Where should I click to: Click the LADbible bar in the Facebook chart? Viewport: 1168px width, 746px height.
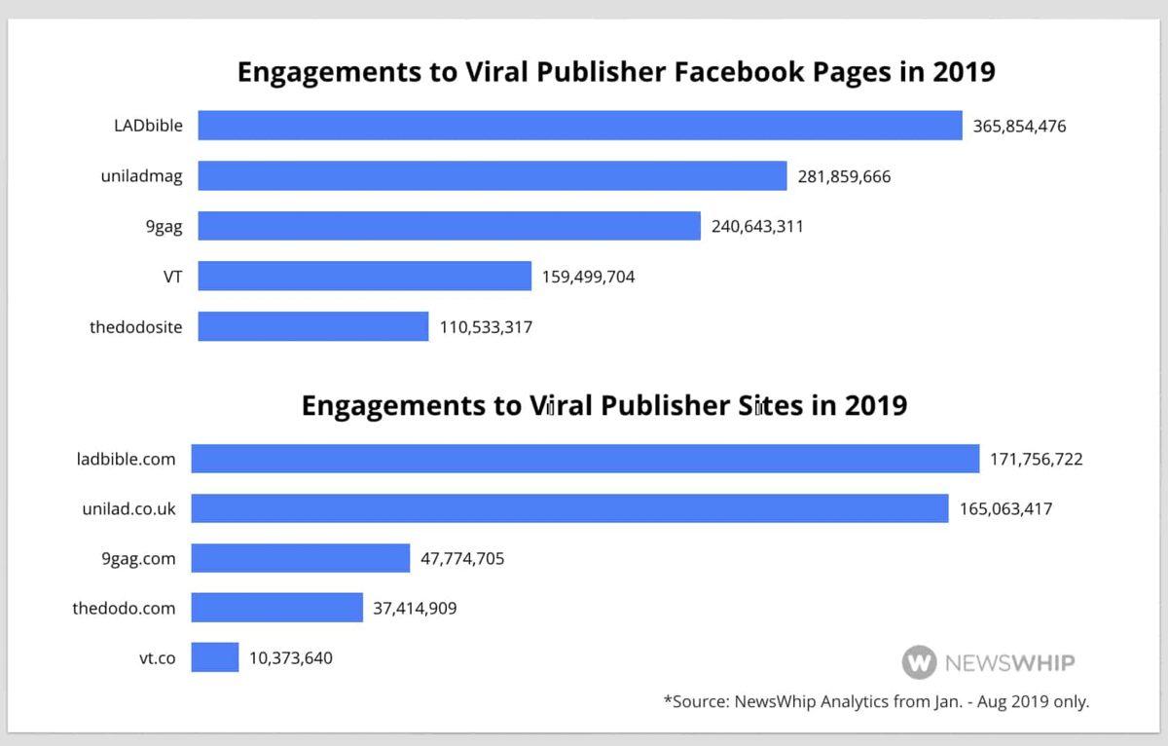point(580,126)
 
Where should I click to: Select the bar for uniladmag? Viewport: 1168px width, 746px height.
point(493,176)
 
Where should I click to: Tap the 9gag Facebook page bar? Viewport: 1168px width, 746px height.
point(450,226)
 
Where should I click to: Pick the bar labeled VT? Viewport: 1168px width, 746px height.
point(365,277)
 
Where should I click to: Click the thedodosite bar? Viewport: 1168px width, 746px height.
point(313,326)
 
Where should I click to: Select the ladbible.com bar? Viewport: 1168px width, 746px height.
point(585,459)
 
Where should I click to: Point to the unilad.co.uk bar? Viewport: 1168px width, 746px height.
point(569,508)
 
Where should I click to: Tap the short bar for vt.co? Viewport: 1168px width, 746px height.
point(215,657)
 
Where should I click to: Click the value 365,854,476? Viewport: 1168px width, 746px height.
point(1019,127)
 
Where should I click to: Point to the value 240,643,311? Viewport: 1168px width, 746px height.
point(757,227)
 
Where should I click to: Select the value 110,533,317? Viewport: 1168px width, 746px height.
point(486,327)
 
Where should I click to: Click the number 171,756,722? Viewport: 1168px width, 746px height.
point(1037,459)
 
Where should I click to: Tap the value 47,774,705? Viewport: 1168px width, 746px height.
point(462,559)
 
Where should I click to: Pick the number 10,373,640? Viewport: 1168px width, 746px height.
point(290,658)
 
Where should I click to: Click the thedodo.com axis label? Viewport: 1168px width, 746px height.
point(124,609)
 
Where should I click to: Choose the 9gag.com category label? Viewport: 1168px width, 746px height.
point(138,559)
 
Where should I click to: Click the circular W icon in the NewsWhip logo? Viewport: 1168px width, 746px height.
point(919,663)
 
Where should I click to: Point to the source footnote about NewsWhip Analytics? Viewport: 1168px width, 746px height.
point(876,701)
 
